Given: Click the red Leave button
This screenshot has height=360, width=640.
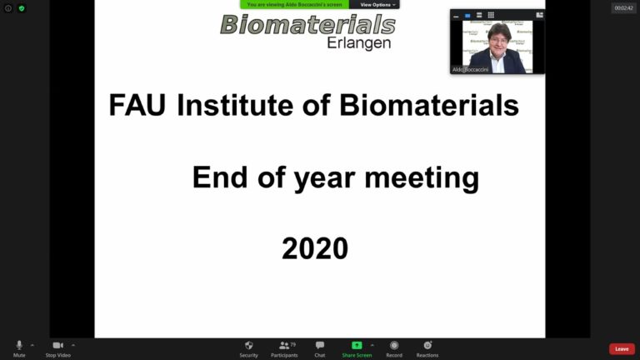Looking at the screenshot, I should click(622, 348).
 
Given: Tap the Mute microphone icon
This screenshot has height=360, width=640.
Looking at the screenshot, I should click(19, 345).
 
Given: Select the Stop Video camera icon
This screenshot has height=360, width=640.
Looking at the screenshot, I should click(57, 345).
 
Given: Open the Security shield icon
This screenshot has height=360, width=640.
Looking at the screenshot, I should click(248, 345).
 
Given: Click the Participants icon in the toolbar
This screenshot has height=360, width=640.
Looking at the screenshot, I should click(284, 345).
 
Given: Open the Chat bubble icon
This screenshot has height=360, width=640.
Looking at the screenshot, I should click(320, 345).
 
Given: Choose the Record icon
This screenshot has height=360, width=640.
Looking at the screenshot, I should click(394, 345).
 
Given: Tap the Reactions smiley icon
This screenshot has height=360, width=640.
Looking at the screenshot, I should click(427, 345).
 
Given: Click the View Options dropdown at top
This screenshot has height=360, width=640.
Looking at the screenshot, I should click(377, 5).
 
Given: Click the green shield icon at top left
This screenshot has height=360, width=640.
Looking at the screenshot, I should click(22, 8).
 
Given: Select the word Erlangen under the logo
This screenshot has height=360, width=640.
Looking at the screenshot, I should click(359, 42).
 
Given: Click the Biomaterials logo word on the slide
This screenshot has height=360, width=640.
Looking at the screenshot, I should click(307, 23).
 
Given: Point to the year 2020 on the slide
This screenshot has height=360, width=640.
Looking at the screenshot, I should click(314, 247).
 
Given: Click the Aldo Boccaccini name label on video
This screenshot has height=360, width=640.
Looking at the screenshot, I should click(470, 70).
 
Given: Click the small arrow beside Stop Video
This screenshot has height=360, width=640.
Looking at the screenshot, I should click(73, 345).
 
